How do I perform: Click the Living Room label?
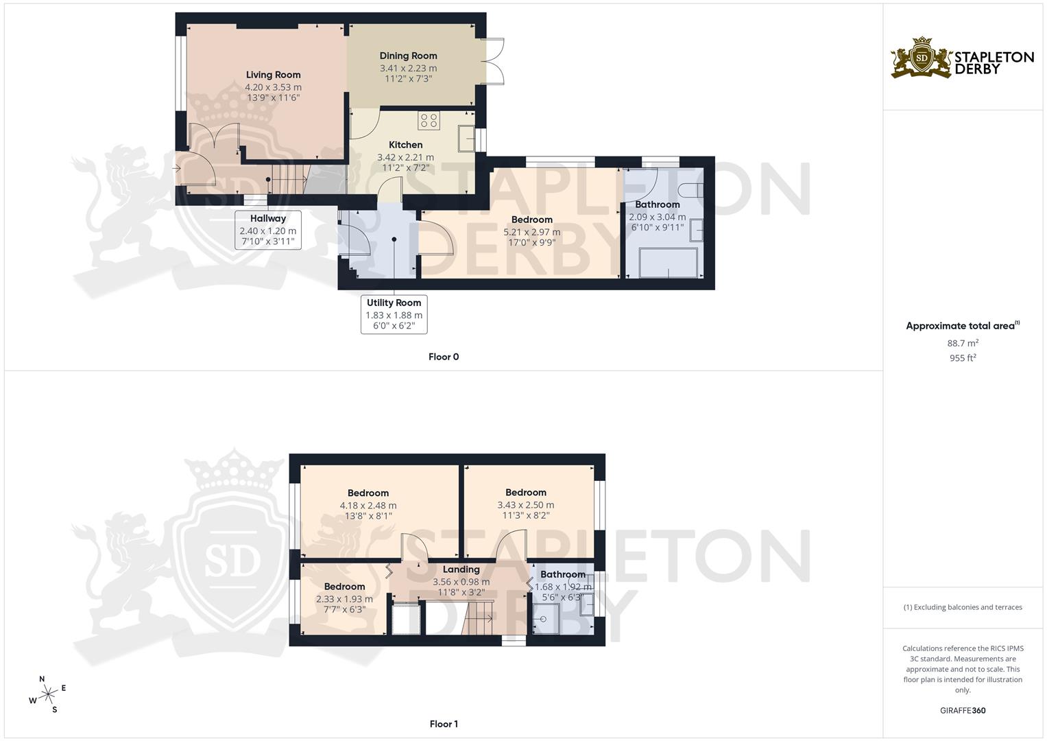[x=273, y=75]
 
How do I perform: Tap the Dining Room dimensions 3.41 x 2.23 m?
[x=408, y=68]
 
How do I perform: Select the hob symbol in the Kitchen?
[x=429, y=121]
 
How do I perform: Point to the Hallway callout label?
[x=267, y=219]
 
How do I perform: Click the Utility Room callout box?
[x=394, y=314]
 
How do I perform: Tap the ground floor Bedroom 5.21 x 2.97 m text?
[x=531, y=232]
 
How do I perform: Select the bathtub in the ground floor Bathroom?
[x=668, y=263]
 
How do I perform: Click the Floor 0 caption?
[x=443, y=357]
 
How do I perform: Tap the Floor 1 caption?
[x=443, y=724]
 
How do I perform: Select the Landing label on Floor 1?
[x=461, y=569]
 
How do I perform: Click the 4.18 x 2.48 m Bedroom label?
[x=368, y=505]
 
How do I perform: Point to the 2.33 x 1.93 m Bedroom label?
[x=344, y=599]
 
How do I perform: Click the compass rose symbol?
[x=47, y=694]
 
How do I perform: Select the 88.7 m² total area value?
[x=962, y=343]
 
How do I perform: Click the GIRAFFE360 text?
[x=962, y=710]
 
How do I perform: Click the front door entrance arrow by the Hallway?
[x=176, y=167]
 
